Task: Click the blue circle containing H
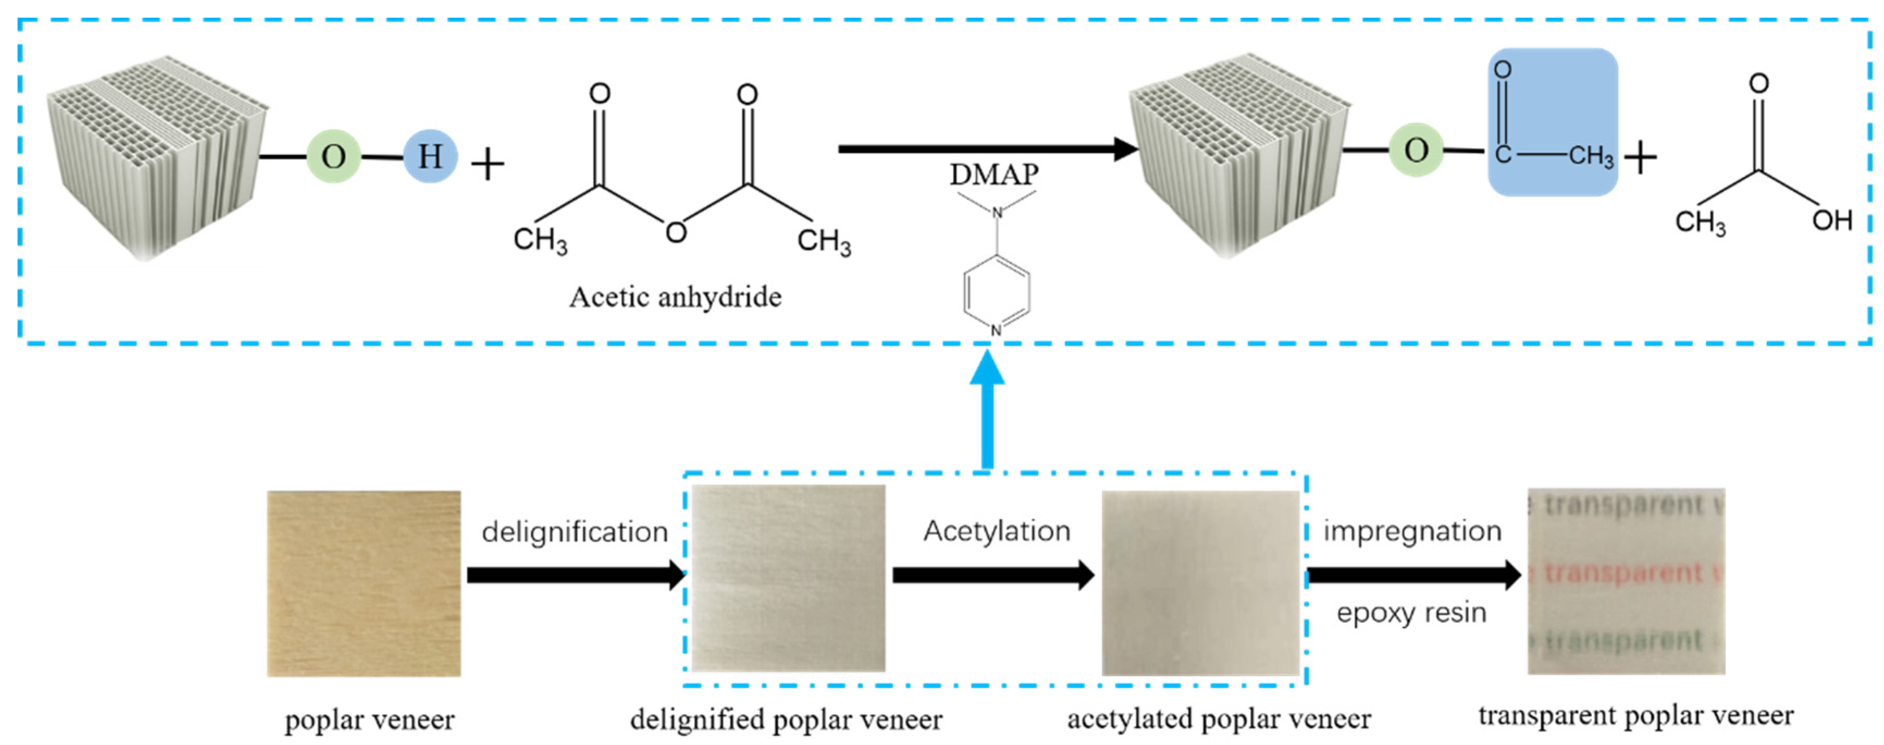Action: click(x=430, y=156)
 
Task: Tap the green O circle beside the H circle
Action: click(x=333, y=156)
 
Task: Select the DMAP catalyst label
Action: click(x=994, y=175)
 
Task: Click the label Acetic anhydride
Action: click(x=675, y=297)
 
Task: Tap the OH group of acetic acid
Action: click(x=1831, y=220)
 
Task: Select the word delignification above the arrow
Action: click(x=575, y=531)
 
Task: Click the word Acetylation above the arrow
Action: click(x=997, y=531)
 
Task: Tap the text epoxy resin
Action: click(x=1411, y=613)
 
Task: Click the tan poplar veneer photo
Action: click(x=363, y=583)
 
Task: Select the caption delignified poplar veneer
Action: click(x=786, y=719)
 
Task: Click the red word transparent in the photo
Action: click(x=1623, y=573)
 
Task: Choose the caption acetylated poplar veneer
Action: click(x=1218, y=719)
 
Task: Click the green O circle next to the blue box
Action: click(x=1416, y=150)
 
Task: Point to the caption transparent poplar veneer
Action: click(x=1635, y=715)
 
